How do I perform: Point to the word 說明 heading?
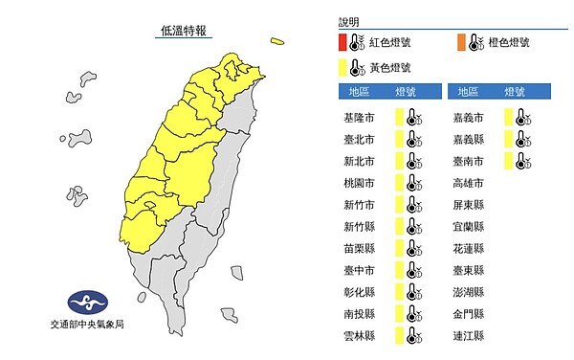[x=350, y=20]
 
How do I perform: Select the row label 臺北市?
[x=358, y=139]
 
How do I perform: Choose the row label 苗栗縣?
[x=358, y=248]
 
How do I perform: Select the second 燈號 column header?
[x=513, y=92]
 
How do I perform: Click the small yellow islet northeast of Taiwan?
[x=277, y=41]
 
